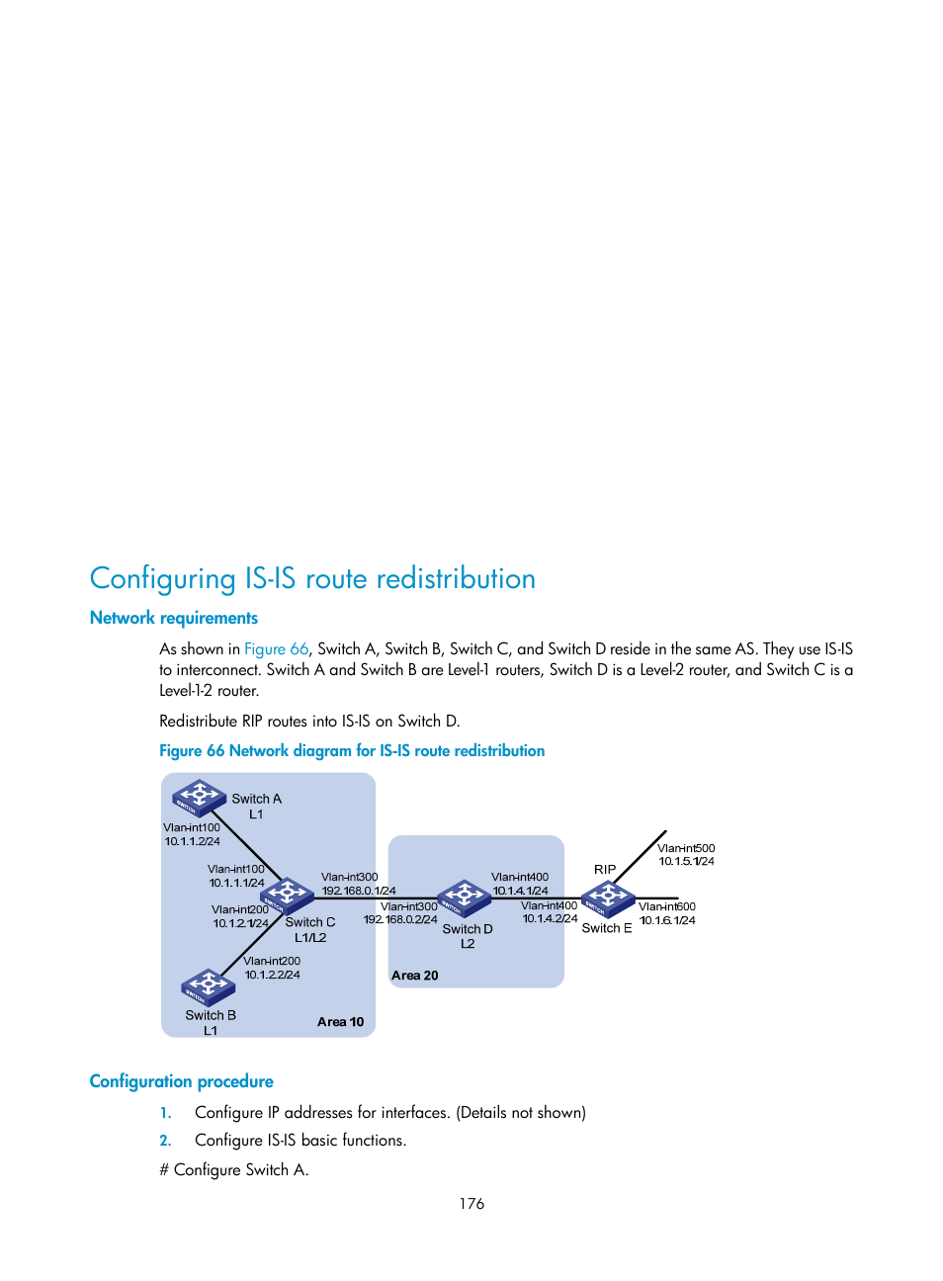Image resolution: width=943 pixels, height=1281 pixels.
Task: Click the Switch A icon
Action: coord(199,798)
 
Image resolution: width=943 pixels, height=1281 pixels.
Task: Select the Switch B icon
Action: coord(208,986)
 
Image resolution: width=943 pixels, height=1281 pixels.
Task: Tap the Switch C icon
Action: coord(287,896)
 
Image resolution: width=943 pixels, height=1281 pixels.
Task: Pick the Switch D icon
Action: coord(465,897)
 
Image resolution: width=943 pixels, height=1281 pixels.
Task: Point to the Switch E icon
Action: coord(607,898)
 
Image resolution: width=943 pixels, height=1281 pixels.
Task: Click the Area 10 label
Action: coord(340,1022)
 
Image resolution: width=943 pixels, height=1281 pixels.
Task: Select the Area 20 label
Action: coord(414,976)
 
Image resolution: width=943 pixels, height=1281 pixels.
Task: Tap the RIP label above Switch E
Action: coord(605,870)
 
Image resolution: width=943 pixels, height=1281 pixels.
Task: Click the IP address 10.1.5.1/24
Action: coord(687,862)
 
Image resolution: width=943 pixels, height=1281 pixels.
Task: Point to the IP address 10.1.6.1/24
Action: coord(667,920)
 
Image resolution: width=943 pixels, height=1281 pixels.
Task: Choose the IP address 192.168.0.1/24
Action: coord(359,891)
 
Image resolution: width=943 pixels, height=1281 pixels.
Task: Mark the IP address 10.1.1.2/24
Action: coord(192,841)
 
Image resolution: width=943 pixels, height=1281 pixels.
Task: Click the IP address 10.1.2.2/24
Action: coord(272,975)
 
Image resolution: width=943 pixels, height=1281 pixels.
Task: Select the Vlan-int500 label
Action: coord(686,848)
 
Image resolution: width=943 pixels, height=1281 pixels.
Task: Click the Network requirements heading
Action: coord(174,618)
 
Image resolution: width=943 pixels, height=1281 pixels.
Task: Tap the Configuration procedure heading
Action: coord(182,1081)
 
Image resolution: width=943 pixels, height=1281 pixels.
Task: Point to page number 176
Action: coord(471,1204)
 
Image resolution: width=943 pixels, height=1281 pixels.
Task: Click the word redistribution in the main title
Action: coord(455,578)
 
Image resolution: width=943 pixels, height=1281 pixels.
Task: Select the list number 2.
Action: coord(166,1141)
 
